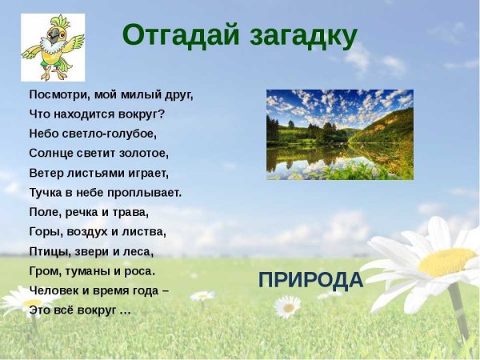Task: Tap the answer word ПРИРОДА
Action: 310,280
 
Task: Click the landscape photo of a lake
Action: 339,134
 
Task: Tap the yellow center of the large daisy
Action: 447,261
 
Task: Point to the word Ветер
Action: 45,172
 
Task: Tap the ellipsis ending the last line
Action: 125,310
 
